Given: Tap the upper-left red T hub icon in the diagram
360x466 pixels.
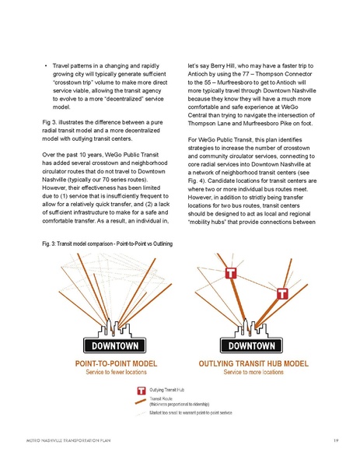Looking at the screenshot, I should click(230, 273).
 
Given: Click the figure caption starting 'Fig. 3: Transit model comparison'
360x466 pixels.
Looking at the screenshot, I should click(106, 246).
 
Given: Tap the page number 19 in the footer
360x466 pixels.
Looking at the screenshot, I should click(334, 440).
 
